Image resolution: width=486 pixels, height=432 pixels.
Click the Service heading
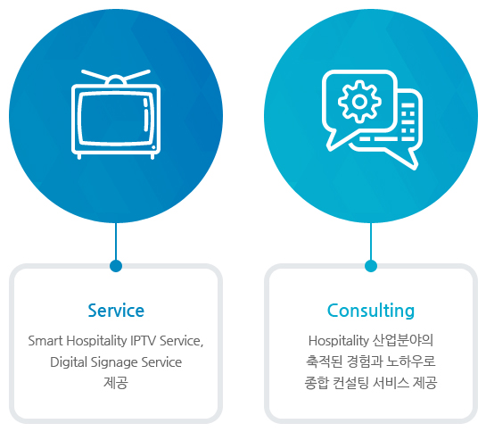[116, 311]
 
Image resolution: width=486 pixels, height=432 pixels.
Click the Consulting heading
[371, 311]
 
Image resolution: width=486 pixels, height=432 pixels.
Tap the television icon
[116, 114]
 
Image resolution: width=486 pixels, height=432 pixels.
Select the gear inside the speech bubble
[359, 101]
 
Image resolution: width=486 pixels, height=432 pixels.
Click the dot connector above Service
[116, 266]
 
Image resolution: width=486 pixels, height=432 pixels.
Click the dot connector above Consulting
[371, 266]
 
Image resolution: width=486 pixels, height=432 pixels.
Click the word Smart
[45, 341]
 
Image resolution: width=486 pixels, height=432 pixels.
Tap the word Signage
[114, 362]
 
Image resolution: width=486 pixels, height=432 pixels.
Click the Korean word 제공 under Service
[116, 383]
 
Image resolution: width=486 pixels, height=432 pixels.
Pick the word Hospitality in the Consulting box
[338, 341]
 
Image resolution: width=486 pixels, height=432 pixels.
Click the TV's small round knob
[153, 147]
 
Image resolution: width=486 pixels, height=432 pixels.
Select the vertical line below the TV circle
[116, 242]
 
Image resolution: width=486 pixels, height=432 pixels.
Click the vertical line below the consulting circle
[371, 242]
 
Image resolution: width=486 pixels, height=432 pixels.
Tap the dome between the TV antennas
[116, 79]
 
